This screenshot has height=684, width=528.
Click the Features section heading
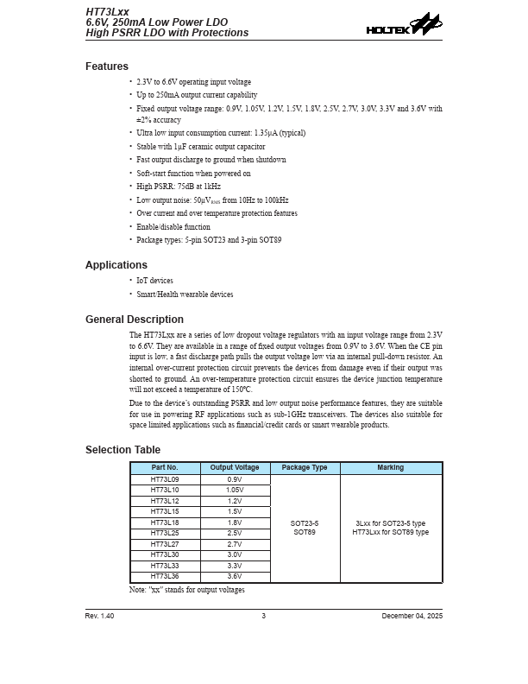click(x=107, y=66)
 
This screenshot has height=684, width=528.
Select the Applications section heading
click(x=116, y=265)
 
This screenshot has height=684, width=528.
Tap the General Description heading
click(x=135, y=320)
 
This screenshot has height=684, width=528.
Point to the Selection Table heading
click(x=123, y=450)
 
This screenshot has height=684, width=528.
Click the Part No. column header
click(x=165, y=468)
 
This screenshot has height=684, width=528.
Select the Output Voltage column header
click(x=235, y=468)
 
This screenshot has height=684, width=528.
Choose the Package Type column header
click(x=305, y=468)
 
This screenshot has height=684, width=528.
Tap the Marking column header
click(x=390, y=468)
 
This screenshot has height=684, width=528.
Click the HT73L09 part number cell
click(x=165, y=479)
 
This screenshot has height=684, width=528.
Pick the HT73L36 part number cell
click(x=165, y=576)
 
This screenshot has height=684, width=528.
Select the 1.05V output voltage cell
click(x=235, y=490)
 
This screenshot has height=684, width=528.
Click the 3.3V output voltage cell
click(x=235, y=566)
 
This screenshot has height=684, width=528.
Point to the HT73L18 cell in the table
click(x=165, y=522)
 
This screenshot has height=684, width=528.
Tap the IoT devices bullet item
click(x=154, y=281)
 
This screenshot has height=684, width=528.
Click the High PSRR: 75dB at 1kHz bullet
click(x=179, y=187)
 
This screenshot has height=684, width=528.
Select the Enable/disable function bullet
click(x=173, y=227)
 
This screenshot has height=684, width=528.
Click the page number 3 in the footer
click(x=264, y=616)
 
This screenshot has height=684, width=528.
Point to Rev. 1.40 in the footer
click(x=99, y=616)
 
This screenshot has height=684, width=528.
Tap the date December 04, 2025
click(x=412, y=616)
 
